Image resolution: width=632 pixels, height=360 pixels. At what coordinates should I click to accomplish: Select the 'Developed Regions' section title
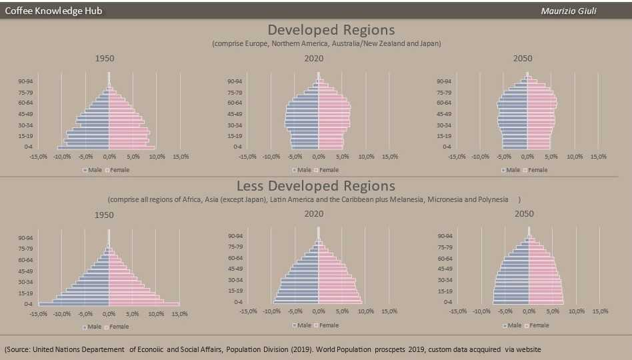coord(331,30)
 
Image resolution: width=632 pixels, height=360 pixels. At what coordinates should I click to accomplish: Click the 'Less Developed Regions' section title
coord(316,186)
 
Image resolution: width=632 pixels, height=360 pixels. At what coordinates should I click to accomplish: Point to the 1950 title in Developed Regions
coord(105,59)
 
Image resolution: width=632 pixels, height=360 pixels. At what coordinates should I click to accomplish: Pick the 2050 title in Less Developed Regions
coord(523,214)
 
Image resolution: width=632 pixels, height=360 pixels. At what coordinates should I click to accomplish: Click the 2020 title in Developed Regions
coord(314,59)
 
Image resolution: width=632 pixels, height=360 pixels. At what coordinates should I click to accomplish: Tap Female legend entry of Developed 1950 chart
coord(119,170)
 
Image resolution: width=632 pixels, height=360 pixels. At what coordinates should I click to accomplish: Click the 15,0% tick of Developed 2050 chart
coord(598,157)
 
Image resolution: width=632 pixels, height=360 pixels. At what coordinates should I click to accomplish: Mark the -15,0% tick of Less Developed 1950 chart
coord(38,313)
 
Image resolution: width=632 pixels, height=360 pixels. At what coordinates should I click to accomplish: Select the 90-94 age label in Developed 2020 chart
coord(234,81)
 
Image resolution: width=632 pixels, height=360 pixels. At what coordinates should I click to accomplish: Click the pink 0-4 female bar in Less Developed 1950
coord(143,304)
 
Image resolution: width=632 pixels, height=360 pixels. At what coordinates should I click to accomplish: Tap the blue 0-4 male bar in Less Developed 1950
coord(73,304)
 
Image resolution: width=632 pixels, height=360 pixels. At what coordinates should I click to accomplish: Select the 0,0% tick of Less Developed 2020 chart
coord(319,311)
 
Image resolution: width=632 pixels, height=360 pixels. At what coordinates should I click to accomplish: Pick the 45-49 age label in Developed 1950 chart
coord(25,114)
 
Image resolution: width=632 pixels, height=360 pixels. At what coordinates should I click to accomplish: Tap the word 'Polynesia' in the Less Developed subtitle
coord(495,199)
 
